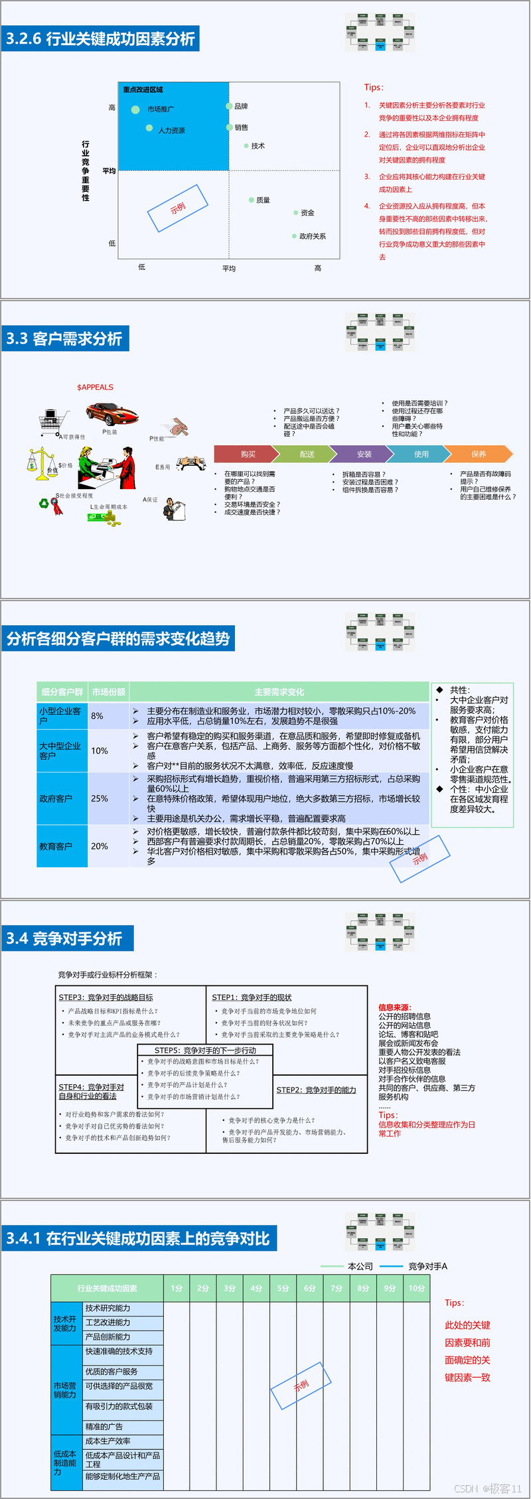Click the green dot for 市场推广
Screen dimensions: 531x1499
pos(135,109)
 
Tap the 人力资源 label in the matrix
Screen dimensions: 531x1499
pos(171,131)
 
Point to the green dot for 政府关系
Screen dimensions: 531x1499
pos(294,236)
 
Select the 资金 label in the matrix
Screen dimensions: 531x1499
pos(307,213)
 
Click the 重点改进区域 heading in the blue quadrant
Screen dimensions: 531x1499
pos(143,90)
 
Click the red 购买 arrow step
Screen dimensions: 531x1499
pos(247,454)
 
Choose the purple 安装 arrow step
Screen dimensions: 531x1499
pos(364,454)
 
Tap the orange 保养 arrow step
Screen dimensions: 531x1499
pos(478,454)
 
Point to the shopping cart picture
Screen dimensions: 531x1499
pos(54,421)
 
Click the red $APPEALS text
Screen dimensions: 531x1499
pos(95,387)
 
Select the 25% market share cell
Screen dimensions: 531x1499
pos(100,798)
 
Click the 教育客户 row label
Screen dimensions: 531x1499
pos(56,846)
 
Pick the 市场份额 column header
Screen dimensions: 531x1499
pos(109,691)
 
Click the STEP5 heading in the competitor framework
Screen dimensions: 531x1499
pos(205,1050)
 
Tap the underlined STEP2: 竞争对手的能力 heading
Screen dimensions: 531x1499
pos(316,1090)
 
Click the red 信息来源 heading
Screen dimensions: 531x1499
pos(395,1007)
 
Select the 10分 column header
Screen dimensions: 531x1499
pos(416,1288)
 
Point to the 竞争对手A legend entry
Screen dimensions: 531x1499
pos(427,1266)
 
